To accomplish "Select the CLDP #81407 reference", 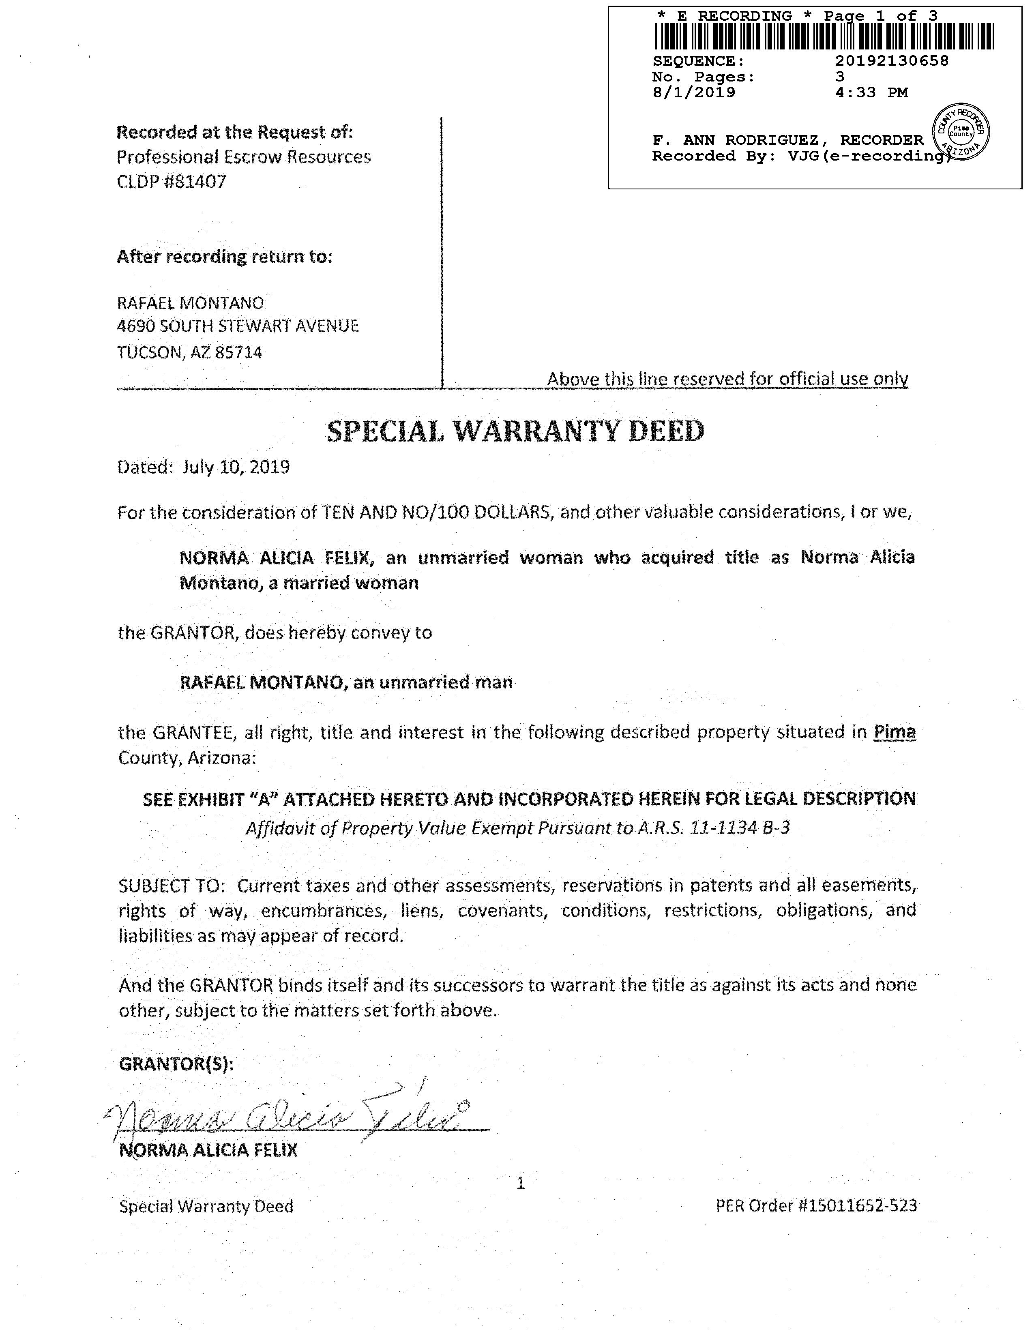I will [172, 181].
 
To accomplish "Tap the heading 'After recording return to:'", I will [224, 256].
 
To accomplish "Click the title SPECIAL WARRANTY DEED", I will [516, 431].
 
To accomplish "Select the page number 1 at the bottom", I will [521, 1183].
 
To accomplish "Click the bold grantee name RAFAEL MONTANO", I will [261, 682].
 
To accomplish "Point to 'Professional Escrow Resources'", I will [243, 157].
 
